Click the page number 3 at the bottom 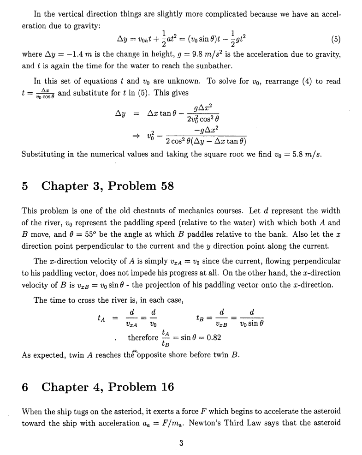(x=181, y=443)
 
